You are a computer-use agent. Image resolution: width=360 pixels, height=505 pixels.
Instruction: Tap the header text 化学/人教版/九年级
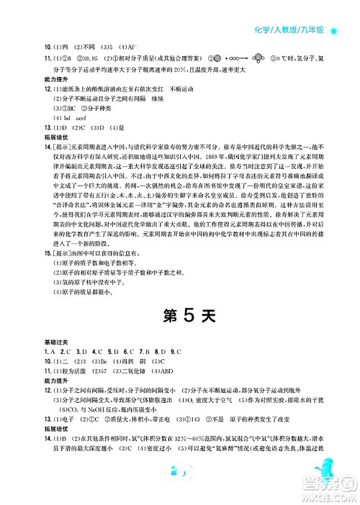point(294,30)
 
